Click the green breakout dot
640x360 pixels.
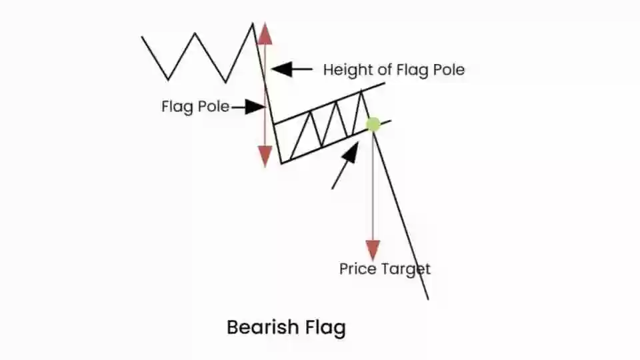373,124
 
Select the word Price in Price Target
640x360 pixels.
357,269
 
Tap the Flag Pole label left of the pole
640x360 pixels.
195,106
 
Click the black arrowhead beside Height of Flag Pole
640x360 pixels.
280,68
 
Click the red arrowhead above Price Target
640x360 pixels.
373,250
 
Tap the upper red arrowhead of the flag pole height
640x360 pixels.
265,33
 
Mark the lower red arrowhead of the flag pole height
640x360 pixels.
265,155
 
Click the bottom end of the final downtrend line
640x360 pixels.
427,298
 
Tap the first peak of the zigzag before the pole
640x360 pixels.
195,33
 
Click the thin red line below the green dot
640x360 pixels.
373,187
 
